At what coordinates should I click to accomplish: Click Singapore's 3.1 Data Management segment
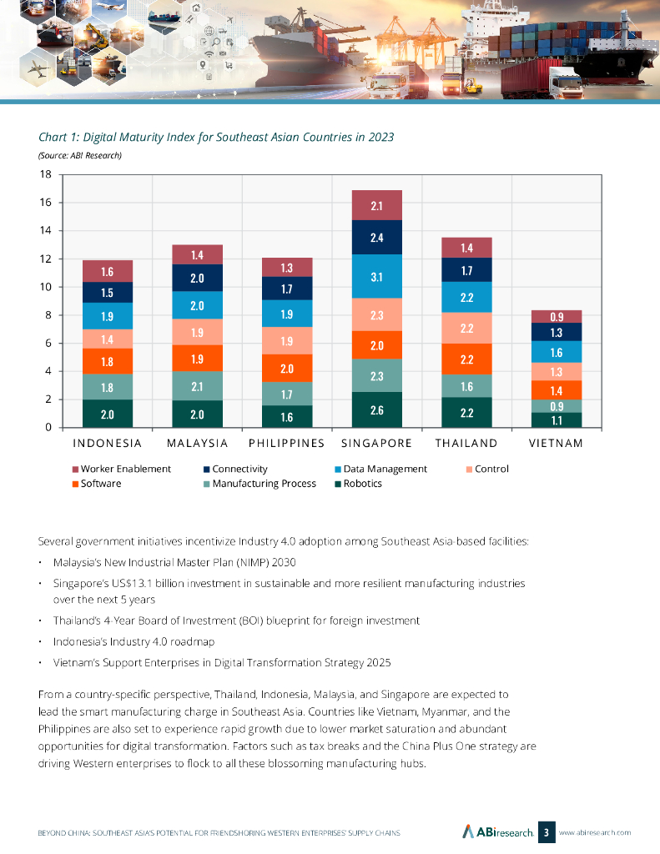(377, 276)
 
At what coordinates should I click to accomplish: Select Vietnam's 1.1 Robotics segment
(557, 420)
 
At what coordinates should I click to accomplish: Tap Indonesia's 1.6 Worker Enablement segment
(108, 271)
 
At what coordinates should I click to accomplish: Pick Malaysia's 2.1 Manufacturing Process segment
(198, 386)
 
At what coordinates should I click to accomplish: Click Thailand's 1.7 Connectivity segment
(467, 270)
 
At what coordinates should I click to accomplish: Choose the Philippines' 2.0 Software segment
(287, 368)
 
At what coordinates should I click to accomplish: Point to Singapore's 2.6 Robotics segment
(377, 409)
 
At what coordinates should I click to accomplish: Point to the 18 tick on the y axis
(46, 174)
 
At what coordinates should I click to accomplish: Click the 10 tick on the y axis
(46, 287)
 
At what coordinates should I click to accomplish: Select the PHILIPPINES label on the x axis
(286, 443)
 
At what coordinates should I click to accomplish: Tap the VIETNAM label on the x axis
(557, 443)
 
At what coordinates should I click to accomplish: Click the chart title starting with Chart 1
(217, 137)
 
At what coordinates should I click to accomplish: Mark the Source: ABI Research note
(81, 155)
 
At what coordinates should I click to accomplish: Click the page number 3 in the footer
(546, 831)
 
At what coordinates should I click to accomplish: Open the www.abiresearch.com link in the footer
(594, 832)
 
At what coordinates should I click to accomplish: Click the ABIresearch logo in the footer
(498, 831)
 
